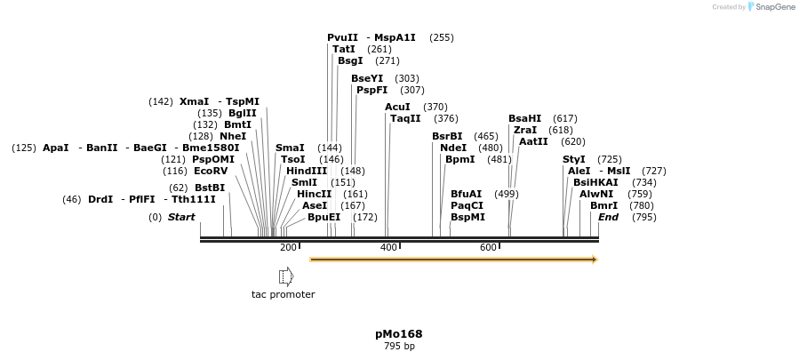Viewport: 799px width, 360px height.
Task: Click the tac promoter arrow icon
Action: (286, 276)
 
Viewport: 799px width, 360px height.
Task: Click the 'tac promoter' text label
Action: (283, 294)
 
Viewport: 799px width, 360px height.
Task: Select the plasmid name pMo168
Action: (398, 334)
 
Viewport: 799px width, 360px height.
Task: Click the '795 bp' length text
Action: (398, 346)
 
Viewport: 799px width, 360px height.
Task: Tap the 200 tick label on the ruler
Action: (288, 247)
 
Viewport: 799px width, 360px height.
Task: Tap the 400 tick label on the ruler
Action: (388, 247)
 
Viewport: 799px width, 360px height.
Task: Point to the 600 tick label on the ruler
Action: (488, 247)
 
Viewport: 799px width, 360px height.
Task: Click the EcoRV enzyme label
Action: (211, 171)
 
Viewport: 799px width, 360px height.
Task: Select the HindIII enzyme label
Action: (307, 171)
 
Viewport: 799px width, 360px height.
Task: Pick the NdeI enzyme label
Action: (453, 148)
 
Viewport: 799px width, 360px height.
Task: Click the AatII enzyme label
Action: (533, 141)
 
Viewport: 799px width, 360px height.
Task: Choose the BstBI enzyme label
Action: (210, 188)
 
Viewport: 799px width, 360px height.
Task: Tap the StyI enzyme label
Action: (574, 159)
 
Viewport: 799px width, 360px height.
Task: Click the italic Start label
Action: (181, 217)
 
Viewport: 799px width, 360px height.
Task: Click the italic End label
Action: (608, 217)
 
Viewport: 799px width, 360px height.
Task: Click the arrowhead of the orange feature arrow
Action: (595, 260)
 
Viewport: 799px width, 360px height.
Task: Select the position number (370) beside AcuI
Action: (435, 107)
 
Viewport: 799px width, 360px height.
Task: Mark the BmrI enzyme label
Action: (603, 205)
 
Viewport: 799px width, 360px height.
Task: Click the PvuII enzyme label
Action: (342, 37)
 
